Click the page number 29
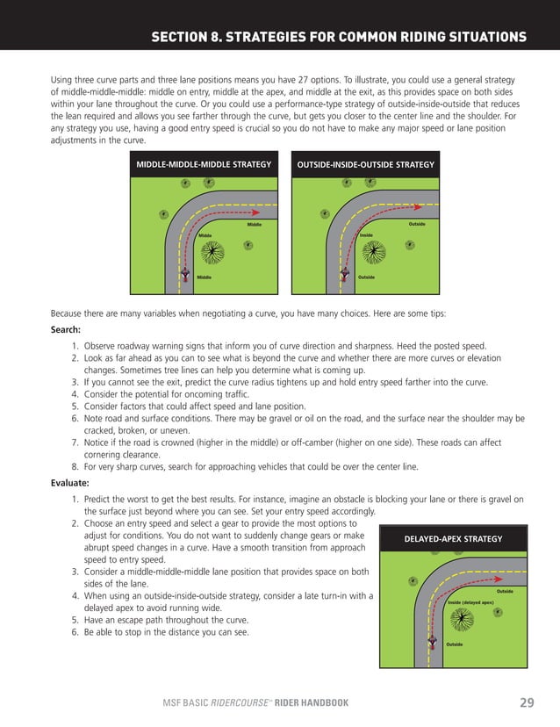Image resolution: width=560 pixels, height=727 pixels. (x=527, y=702)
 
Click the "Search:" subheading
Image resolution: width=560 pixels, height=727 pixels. (x=67, y=330)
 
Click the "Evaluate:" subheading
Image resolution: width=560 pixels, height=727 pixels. (x=72, y=481)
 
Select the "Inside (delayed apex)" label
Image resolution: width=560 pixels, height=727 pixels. (x=470, y=602)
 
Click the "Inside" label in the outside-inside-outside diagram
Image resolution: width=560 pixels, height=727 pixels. (x=367, y=235)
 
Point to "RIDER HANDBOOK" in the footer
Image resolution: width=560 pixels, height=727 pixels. (x=312, y=702)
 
